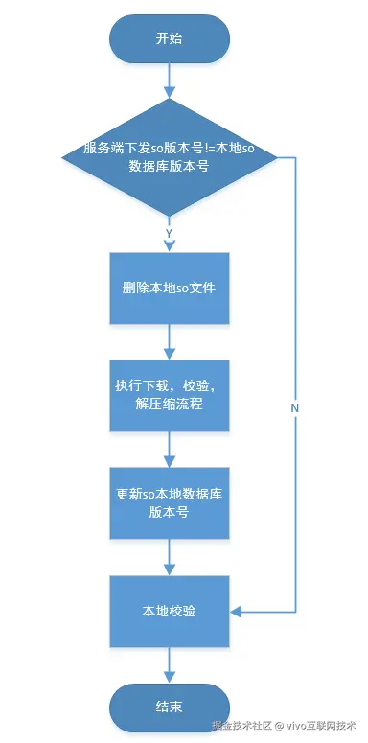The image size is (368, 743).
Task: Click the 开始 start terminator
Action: pyautogui.click(x=170, y=39)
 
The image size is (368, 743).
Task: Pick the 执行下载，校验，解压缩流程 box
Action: pyautogui.click(x=170, y=394)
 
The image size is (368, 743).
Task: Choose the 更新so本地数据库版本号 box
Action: pyautogui.click(x=170, y=502)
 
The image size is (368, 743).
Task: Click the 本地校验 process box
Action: pyautogui.click(x=170, y=611)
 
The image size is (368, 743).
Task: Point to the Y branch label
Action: pyautogui.click(x=169, y=233)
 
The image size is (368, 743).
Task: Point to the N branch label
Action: pyautogui.click(x=295, y=408)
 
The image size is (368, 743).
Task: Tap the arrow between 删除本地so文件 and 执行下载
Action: pyautogui.click(x=170, y=339)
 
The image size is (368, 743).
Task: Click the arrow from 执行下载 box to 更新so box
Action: pyautogui.click(x=170, y=448)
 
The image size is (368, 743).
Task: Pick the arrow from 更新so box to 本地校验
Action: pyautogui.click(x=170, y=556)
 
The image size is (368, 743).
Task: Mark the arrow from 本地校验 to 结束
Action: pyautogui.click(x=170, y=663)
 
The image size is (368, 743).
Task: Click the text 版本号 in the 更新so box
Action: pyautogui.click(x=169, y=513)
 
